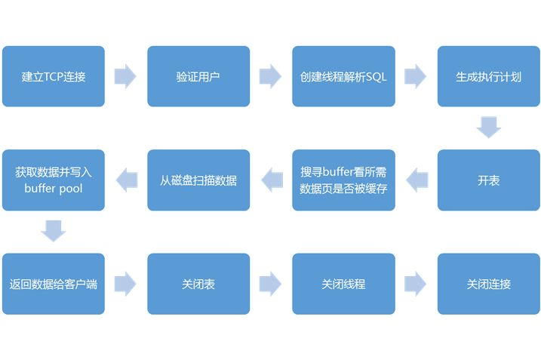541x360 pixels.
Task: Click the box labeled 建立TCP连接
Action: click(53, 76)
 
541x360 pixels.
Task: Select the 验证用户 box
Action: click(198, 76)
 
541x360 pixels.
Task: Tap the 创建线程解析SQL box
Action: click(343, 76)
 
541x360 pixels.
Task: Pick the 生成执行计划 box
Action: click(488, 76)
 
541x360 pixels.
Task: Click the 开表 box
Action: click(488, 180)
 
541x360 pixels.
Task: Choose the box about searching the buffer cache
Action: click(343, 180)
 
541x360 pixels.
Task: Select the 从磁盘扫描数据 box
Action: click(198, 180)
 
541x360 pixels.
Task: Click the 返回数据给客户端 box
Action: click(53, 284)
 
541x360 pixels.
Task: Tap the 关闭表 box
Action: click(198, 284)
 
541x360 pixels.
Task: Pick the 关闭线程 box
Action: click(343, 284)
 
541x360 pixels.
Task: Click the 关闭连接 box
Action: click(488, 284)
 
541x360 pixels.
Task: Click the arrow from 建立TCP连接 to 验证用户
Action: click(125, 76)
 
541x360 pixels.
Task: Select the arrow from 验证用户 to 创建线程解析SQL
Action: click(270, 76)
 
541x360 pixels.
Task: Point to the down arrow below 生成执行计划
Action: click(488, 127)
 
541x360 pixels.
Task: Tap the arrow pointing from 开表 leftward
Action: click(416, 180)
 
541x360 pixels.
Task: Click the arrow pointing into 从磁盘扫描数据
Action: click(270, 180)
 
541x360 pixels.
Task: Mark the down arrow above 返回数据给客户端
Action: click(53, 230)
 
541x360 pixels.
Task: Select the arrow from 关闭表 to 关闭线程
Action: click(270, 284)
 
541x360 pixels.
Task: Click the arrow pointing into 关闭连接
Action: click(416, 284)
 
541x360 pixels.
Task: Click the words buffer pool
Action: click(53, 189)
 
